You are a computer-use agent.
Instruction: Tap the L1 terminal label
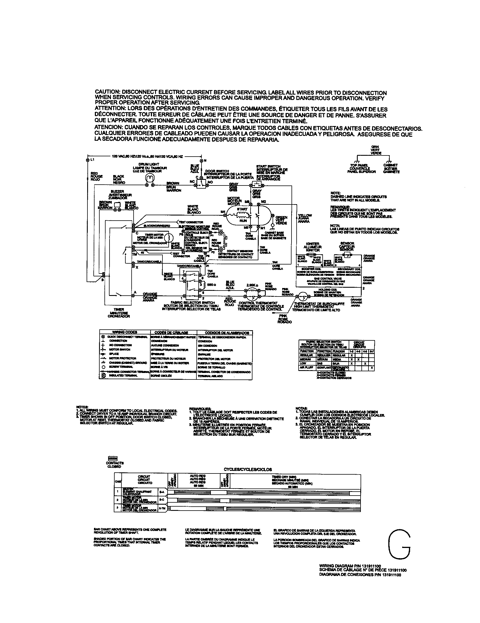[92, 160]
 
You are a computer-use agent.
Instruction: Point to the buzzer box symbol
[117, 204]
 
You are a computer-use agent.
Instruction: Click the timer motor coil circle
[169, 237]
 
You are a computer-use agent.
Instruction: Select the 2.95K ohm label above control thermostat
[252, 285]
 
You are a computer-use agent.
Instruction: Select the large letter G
[399, 545]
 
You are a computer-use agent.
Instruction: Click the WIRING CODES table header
[125, 332]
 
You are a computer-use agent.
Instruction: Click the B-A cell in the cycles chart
[162, 492]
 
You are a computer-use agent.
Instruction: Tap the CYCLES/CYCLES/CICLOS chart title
[248, 469]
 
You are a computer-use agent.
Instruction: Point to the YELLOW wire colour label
[305, 216]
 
